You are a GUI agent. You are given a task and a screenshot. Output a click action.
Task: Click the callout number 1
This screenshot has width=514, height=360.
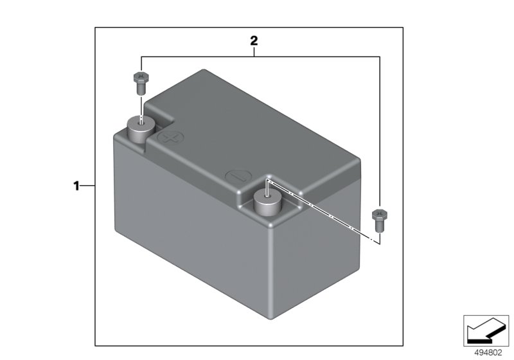(x=76, y=186)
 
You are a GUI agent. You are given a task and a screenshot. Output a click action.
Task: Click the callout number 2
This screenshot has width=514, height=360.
(x=254, y=41)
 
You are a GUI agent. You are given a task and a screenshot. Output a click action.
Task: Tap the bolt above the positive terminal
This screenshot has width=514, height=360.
(x=141, y=84)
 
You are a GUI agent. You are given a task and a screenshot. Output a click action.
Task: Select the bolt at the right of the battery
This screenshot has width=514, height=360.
(x=380, y=221)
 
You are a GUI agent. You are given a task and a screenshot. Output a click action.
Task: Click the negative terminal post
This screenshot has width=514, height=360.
(x=268, y=203)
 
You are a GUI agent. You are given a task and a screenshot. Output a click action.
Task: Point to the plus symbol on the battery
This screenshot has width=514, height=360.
(x=170, y=138)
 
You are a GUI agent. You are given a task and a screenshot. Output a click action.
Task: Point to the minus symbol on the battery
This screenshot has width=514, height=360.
(x=238, y=176)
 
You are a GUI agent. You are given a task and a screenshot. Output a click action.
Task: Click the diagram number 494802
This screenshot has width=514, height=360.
(x=488, y=353)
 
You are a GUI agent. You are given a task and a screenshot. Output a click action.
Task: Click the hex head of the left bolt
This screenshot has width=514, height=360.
(x=141, y=78)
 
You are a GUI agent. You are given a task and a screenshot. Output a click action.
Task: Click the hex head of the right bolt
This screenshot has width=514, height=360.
(x=380, y=215)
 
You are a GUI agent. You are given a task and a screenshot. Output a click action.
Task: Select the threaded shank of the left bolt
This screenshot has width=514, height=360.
(x=141, y=89)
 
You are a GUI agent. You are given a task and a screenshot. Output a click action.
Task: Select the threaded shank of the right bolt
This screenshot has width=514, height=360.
(x=380, y=226)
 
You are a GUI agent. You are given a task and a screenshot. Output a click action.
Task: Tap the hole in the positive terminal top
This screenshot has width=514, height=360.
(x=141, y=123)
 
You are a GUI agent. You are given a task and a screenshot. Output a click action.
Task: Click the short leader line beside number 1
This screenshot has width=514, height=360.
(x=87, y=186)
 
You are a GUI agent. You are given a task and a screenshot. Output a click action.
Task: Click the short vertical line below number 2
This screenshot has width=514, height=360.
(x=254, y=52)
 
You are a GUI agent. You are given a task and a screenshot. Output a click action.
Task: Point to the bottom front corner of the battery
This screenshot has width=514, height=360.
(x=271, y=319)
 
